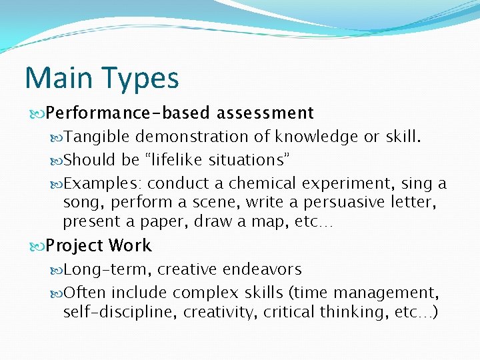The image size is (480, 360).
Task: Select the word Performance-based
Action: [128, 113]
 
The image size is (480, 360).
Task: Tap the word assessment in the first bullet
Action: [265, 113]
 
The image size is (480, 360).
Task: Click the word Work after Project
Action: [130, 246]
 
